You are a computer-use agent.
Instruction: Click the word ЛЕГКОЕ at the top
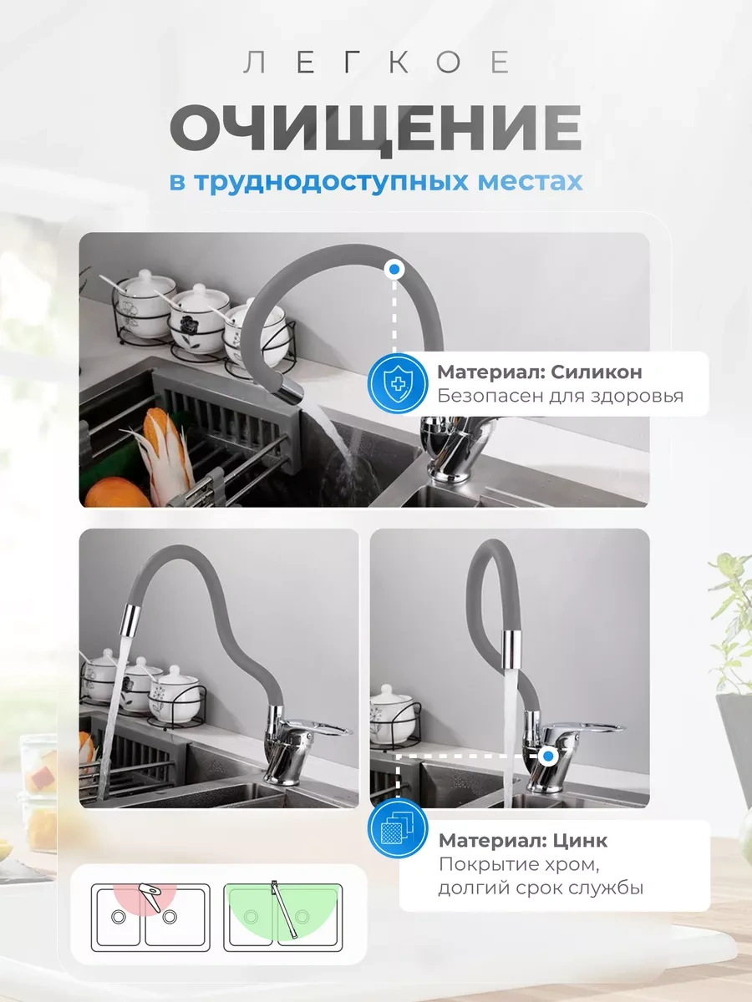click(x=376, y=62)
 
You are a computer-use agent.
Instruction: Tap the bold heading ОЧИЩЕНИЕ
click(x=376, y=128)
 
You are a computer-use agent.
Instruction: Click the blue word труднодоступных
click(x=332, y=183)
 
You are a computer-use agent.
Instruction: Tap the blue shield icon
click(x=398, y=383)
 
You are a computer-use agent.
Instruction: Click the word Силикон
click(x=597, y=372)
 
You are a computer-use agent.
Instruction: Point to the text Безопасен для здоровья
click(x=560, y=397)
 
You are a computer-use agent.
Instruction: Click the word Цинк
click(x=581, y=841)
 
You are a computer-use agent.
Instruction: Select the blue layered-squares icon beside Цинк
click(x=398, y=828)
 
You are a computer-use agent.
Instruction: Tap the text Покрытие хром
click(x=518, y=864)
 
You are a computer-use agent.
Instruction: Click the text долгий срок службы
click(x=541, y=888)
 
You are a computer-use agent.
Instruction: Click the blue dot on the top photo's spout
click(x=394, y=270)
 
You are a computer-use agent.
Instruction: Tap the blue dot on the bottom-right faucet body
click(x=548, y=756)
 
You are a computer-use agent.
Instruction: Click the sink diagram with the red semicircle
click(x=150, y=917)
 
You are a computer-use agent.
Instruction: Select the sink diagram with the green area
click(x=283, y=917)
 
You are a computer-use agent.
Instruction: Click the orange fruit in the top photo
click(x=116, y=493)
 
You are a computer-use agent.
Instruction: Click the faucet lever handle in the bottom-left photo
click(x=320, y=726)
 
